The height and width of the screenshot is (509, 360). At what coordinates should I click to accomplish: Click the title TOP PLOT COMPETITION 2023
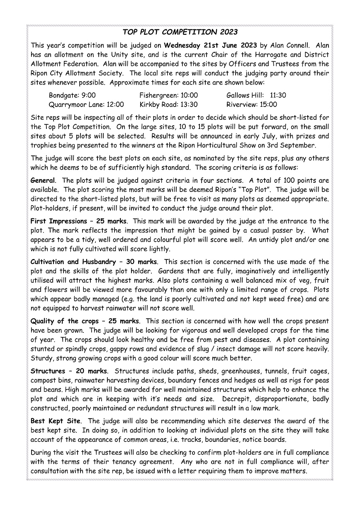180,32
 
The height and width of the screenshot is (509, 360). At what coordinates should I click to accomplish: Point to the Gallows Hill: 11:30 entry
256,95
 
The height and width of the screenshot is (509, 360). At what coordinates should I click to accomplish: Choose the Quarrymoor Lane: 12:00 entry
86,104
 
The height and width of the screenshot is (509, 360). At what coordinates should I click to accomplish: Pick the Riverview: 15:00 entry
251,104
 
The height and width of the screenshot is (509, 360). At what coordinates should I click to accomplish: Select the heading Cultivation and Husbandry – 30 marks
94,262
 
